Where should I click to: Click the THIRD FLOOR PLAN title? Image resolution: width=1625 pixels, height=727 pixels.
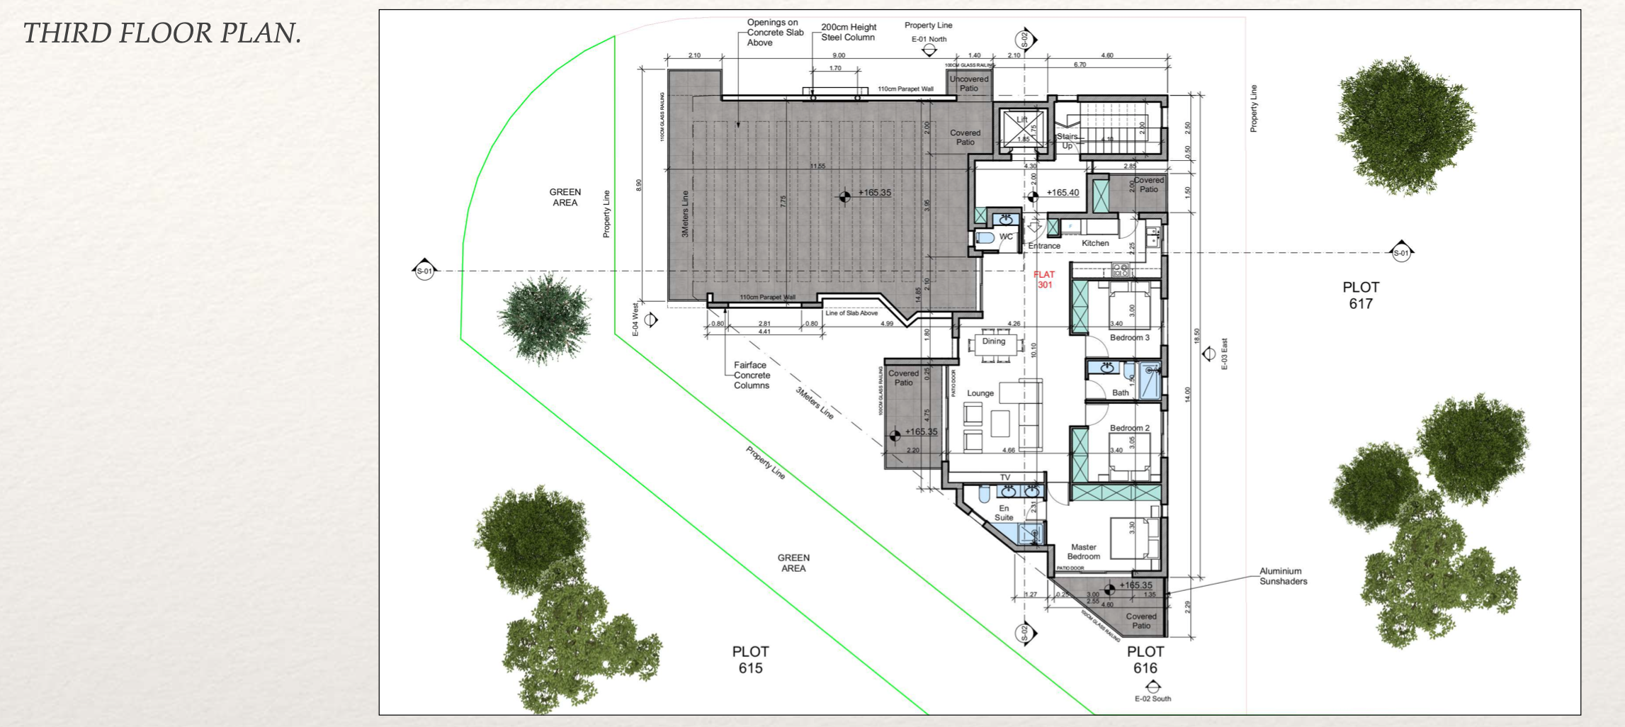pyautogui.click(x=162, y=33)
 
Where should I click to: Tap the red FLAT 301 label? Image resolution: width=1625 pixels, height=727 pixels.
pyautogui.click(x=1044, y=280)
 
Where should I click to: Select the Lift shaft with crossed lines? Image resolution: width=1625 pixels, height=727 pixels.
pyautogui.click(x=1021, y=128)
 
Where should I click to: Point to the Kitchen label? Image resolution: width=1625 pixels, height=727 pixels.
pyautogui.click(x=1095, y=243)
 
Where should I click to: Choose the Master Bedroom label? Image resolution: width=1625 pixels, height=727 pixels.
pyautogui.click(x=1083, y=551)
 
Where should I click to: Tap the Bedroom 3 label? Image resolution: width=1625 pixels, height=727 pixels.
pyautogui.click(x=1129, y=337)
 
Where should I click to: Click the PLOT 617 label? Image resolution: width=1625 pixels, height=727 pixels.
pyautogui.click(x=1360, y=295)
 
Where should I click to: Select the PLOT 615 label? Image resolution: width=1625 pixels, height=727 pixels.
pyautogui.click(x=750, y=659)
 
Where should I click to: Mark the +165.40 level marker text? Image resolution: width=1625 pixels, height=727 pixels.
pyautogui.click(x=1063, y=193)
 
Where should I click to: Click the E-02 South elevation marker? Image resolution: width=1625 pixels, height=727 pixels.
pyautogui.click(x=1153, y=692)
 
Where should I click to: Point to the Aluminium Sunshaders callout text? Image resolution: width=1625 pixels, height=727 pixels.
pyautogui.click(x=1282, y=576)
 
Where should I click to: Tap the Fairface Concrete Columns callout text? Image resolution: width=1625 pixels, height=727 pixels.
pyautogui.click(x=752, y=375)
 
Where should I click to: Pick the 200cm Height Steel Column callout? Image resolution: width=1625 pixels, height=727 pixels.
pyautogui.click(x=848, y=32)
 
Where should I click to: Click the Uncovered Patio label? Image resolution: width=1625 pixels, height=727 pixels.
pyautogui.click(x=968, y=84)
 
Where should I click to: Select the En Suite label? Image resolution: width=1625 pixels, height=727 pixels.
pyautogui.click(x=1004, y=512)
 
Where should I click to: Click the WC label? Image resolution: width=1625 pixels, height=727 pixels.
pyautogui.click(x=1006, y=237)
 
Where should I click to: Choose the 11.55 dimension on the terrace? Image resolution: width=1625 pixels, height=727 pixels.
pyautogui.click(x=817, y=166)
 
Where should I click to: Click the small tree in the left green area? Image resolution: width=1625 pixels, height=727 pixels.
pyautogui.click(x=544, y=318)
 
